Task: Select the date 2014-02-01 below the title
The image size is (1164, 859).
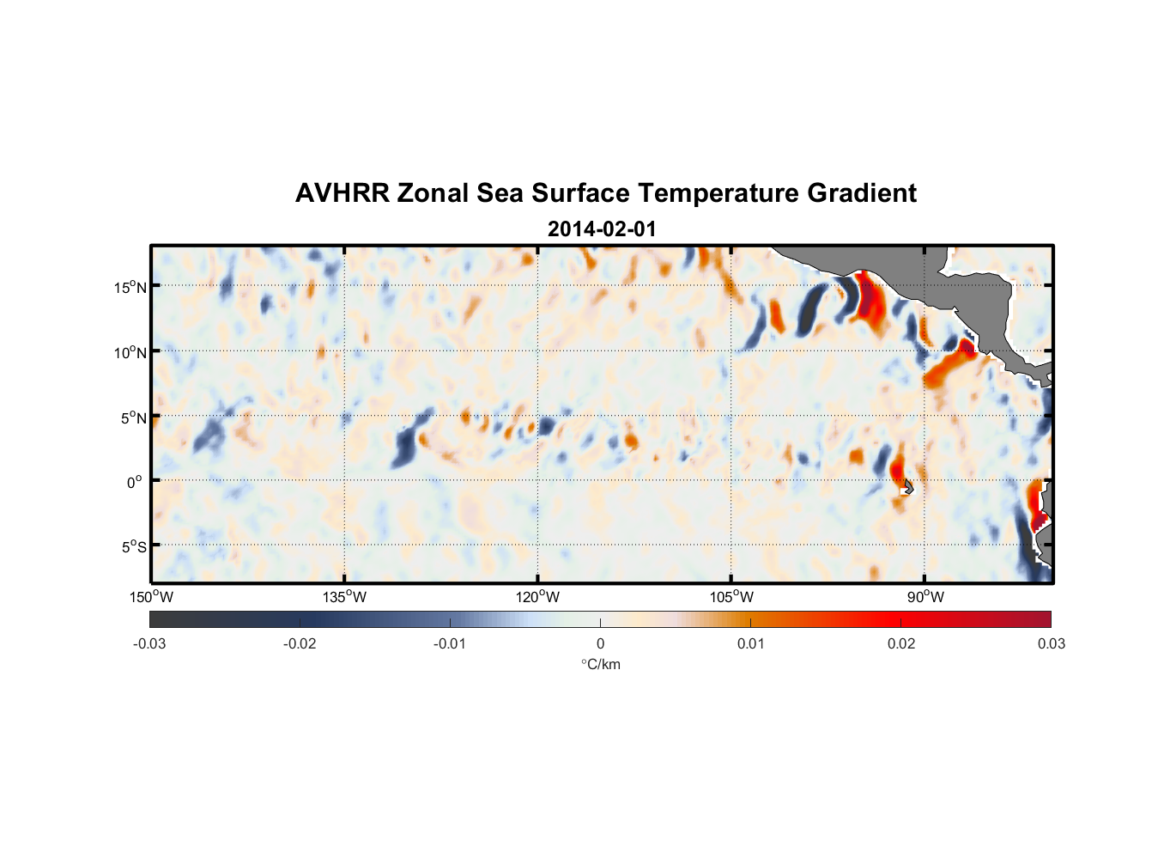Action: click(602, 229)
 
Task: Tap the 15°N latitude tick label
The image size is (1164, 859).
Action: click(130, 287)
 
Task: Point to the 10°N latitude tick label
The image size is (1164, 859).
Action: click(130, 352)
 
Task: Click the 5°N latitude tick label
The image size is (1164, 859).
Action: click(133, 418)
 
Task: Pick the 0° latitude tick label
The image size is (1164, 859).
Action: click(135, 483)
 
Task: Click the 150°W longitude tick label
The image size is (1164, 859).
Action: click(152, 597)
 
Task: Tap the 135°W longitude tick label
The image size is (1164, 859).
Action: click(345, 597)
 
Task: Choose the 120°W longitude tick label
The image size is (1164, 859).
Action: click(538, 597)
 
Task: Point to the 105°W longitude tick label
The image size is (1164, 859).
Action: click(731, 597)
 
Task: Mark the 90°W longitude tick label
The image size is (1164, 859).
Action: click(925, 597)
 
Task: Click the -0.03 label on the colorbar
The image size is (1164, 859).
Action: click(149, 643)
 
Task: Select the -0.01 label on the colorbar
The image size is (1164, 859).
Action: click(450, 643)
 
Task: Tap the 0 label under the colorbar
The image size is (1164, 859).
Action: click(600, 643)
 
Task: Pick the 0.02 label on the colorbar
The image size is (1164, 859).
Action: click(901, 643)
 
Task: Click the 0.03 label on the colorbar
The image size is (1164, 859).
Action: click(1051, 643)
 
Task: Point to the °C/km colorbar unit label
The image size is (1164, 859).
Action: click(601, 664)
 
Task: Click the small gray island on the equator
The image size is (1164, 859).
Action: click(908, 487)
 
